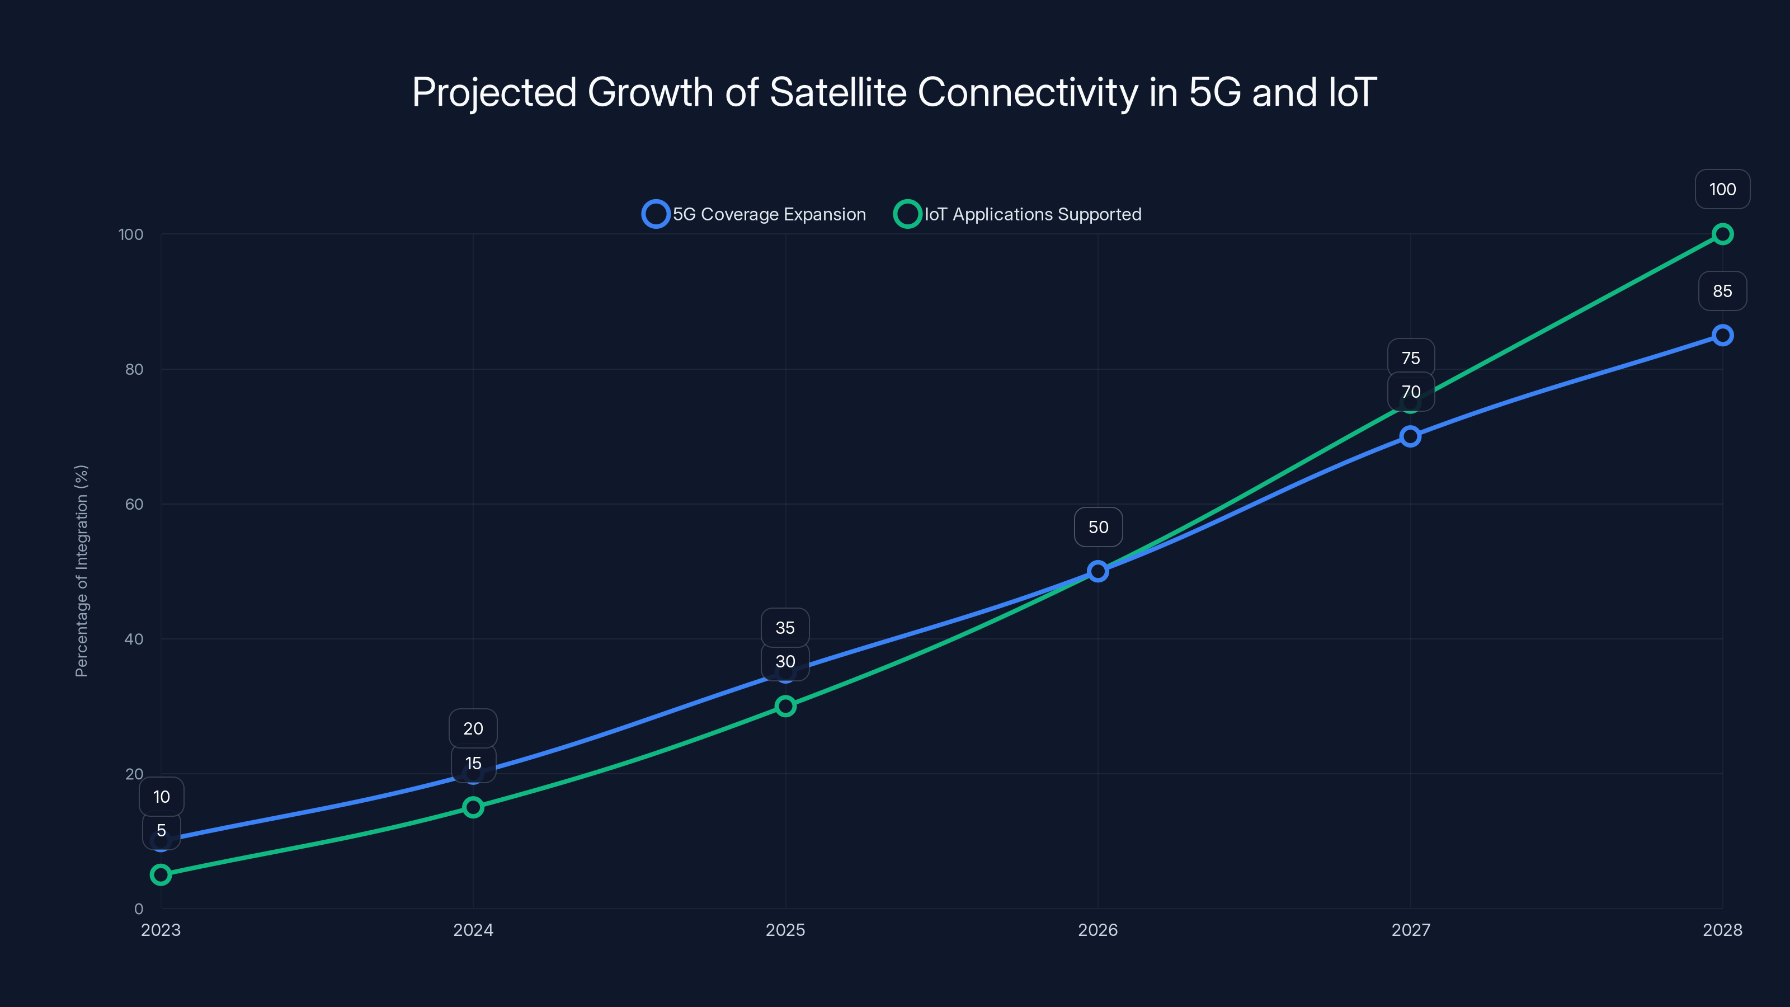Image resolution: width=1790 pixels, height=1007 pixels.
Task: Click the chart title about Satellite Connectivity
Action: point(894,92)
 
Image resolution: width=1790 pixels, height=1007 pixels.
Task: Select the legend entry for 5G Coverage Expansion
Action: point(755,214)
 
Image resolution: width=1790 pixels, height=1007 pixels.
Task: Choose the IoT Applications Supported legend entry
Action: point(1019,214)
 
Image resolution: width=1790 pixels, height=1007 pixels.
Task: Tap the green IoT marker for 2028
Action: point(1722,234)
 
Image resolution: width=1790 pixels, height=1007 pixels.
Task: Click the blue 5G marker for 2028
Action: point(1722,336)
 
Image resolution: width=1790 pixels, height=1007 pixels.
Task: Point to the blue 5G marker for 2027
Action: point(1410,436)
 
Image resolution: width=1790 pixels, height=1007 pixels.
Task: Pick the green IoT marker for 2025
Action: point(785,706)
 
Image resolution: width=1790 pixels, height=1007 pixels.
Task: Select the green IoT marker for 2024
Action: point(473,807)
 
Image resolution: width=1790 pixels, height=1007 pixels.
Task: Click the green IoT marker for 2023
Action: point(161,874)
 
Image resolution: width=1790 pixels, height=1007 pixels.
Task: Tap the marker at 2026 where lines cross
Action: point(1098,571)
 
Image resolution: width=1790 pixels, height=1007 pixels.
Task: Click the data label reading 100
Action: point(1722,189)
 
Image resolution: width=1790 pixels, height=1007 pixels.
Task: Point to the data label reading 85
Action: point(1722,291)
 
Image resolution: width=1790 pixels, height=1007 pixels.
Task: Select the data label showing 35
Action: point(785,628)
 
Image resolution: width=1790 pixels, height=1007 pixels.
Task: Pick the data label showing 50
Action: point(1098,527)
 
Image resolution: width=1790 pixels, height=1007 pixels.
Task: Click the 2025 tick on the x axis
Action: point(785,930)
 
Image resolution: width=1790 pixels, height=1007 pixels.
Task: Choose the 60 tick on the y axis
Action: point(134,505)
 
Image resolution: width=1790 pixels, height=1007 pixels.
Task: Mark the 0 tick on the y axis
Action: point(139,909)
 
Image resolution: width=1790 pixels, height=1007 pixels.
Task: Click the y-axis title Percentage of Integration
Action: point(81,571)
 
